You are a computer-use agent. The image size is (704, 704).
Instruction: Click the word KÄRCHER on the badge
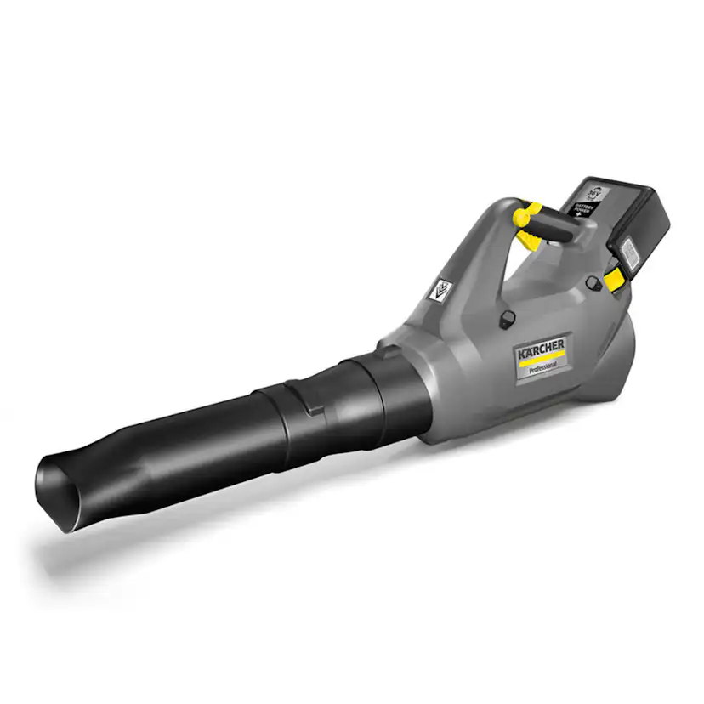[540, 346]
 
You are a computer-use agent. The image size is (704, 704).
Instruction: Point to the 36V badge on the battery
[595, 188]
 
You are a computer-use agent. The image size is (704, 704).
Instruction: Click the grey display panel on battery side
[629, 251]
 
